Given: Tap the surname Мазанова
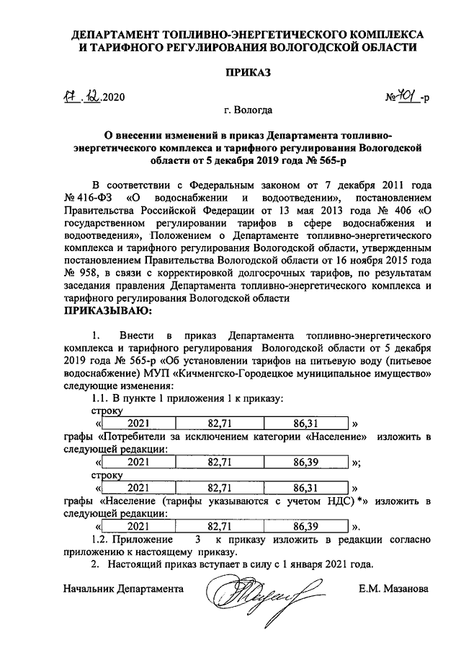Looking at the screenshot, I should click(x=406, y=589).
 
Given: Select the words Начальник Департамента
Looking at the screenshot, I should click(x=123, y=589).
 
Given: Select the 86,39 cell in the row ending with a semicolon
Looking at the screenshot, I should click(x=308, y=463).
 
